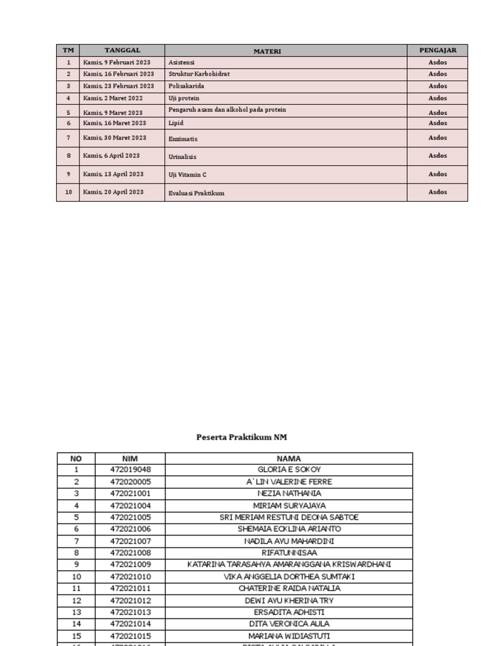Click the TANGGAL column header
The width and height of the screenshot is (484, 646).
pos(122,50)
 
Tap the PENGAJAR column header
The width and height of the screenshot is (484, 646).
pos(437,50)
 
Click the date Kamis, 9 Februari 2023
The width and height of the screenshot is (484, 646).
pos(117,62)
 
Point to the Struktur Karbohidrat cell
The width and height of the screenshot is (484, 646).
pos(199,74)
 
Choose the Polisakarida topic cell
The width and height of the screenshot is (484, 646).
pos(187,86)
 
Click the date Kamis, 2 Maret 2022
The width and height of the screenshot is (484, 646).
pos(113,98)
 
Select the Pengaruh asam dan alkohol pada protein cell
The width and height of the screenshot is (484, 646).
pos(227,110)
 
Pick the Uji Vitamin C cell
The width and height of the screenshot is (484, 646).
pos(188,175)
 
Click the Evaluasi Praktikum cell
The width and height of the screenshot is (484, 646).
pos(196,193)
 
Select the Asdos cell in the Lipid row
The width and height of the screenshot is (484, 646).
pos(437,123)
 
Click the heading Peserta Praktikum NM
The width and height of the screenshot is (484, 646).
pos(241,437)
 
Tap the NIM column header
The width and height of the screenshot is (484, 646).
pos(130,459)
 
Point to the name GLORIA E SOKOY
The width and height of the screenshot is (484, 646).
pos(289,470)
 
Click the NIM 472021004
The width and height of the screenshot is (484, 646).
pos(130,505)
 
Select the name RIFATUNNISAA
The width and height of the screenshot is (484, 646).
pos(289,553)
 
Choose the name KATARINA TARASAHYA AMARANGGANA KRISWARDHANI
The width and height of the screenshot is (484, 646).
pos(289,565)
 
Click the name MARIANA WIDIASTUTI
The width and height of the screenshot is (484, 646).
pos(289,636)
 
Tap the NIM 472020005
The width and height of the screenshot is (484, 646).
pos(130,482)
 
